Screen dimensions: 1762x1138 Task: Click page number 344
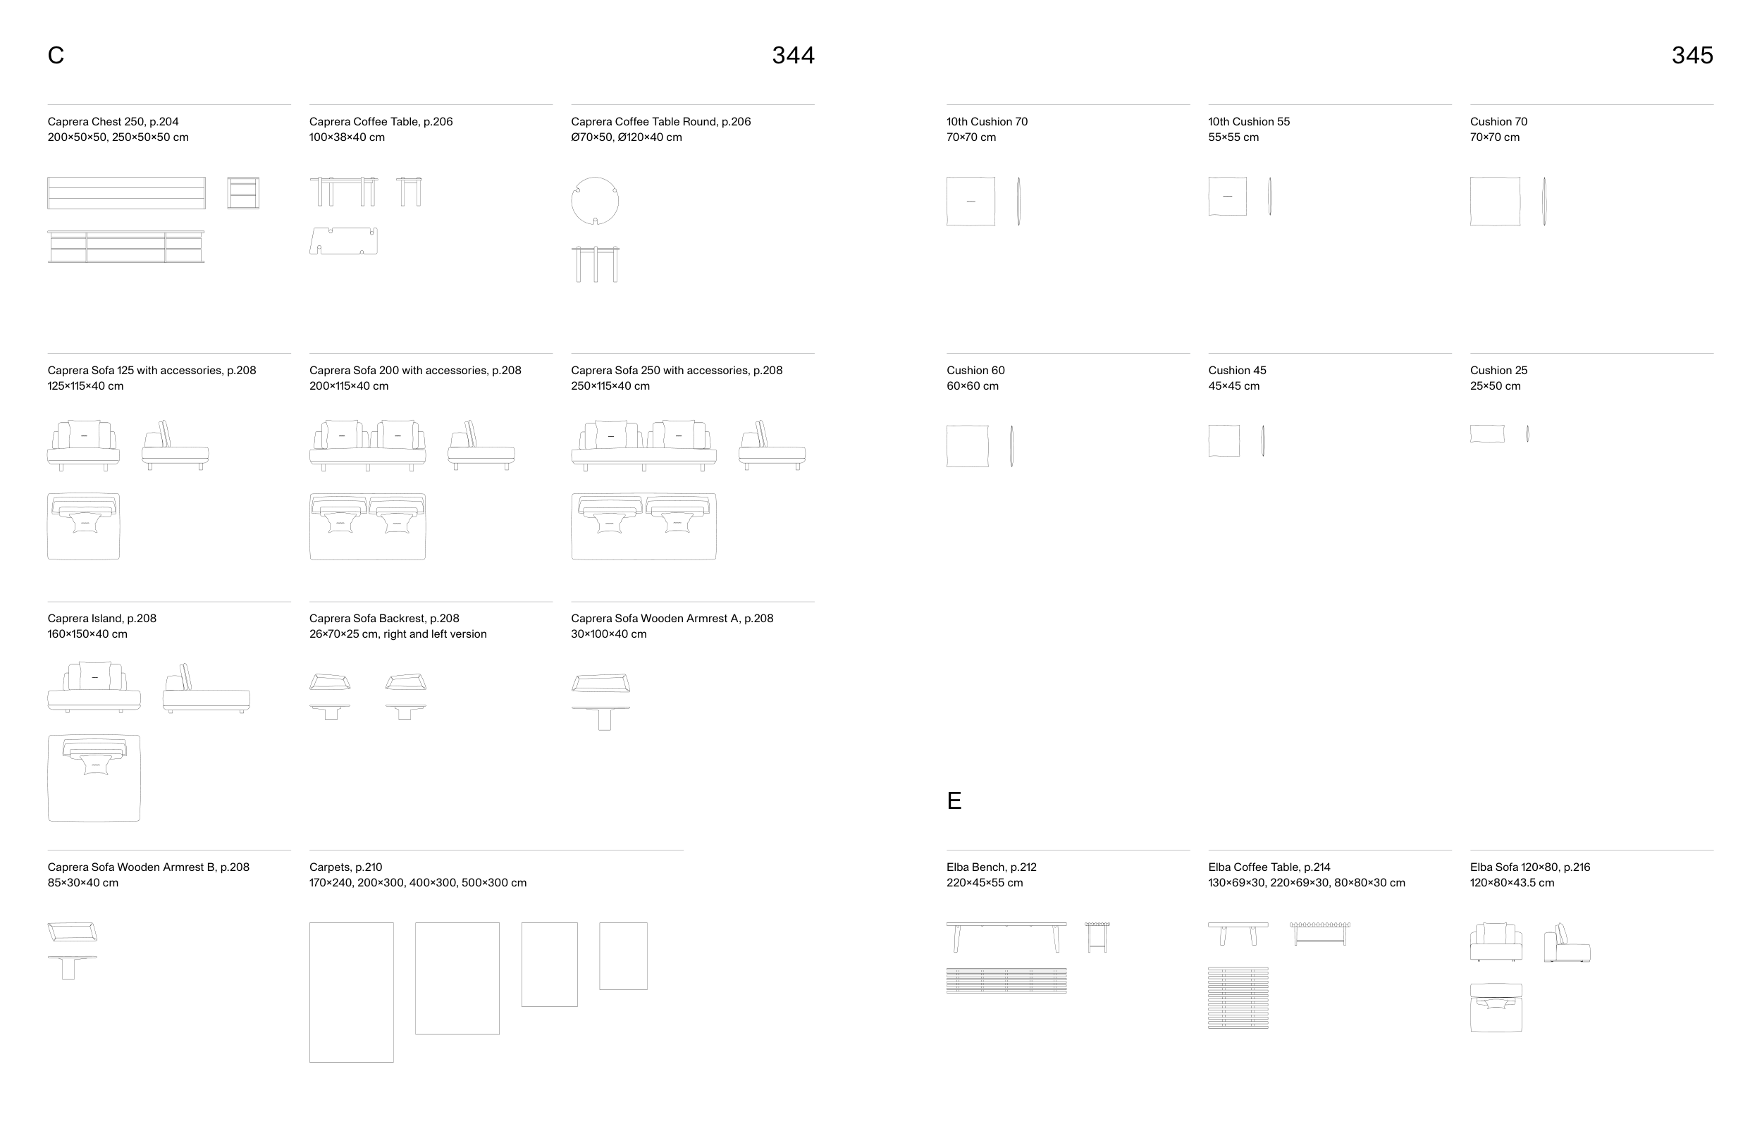pos(793,56)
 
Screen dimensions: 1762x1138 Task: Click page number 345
pos(1692,56)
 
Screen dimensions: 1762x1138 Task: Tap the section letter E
pos(954,801)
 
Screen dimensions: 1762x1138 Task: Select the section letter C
pos(56,56)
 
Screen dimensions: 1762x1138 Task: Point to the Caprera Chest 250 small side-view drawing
pos(243,193)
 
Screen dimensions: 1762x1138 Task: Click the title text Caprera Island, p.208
pos(102,619)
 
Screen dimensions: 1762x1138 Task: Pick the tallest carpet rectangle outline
pos(309,991)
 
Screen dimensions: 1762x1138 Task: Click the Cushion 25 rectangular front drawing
pos(1487,434)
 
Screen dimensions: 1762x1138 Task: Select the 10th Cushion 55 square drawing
pos(1228,196)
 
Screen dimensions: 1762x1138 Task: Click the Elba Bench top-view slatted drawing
pos(1006,981)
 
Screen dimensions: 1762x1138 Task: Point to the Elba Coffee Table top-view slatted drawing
pos(1239,998)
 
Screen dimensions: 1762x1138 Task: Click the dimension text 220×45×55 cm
pos(985,883)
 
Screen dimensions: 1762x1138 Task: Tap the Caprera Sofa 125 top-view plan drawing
pos(83,526)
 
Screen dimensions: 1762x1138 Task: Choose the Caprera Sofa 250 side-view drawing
pos(772,445)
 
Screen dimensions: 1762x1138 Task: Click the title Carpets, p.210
pos(346,867)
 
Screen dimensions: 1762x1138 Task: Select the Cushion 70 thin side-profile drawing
pos(1544,201)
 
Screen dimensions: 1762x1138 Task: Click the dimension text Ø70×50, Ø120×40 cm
pos(627,137)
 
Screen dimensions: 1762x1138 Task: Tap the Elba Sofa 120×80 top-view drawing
pos(1496,1007)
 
